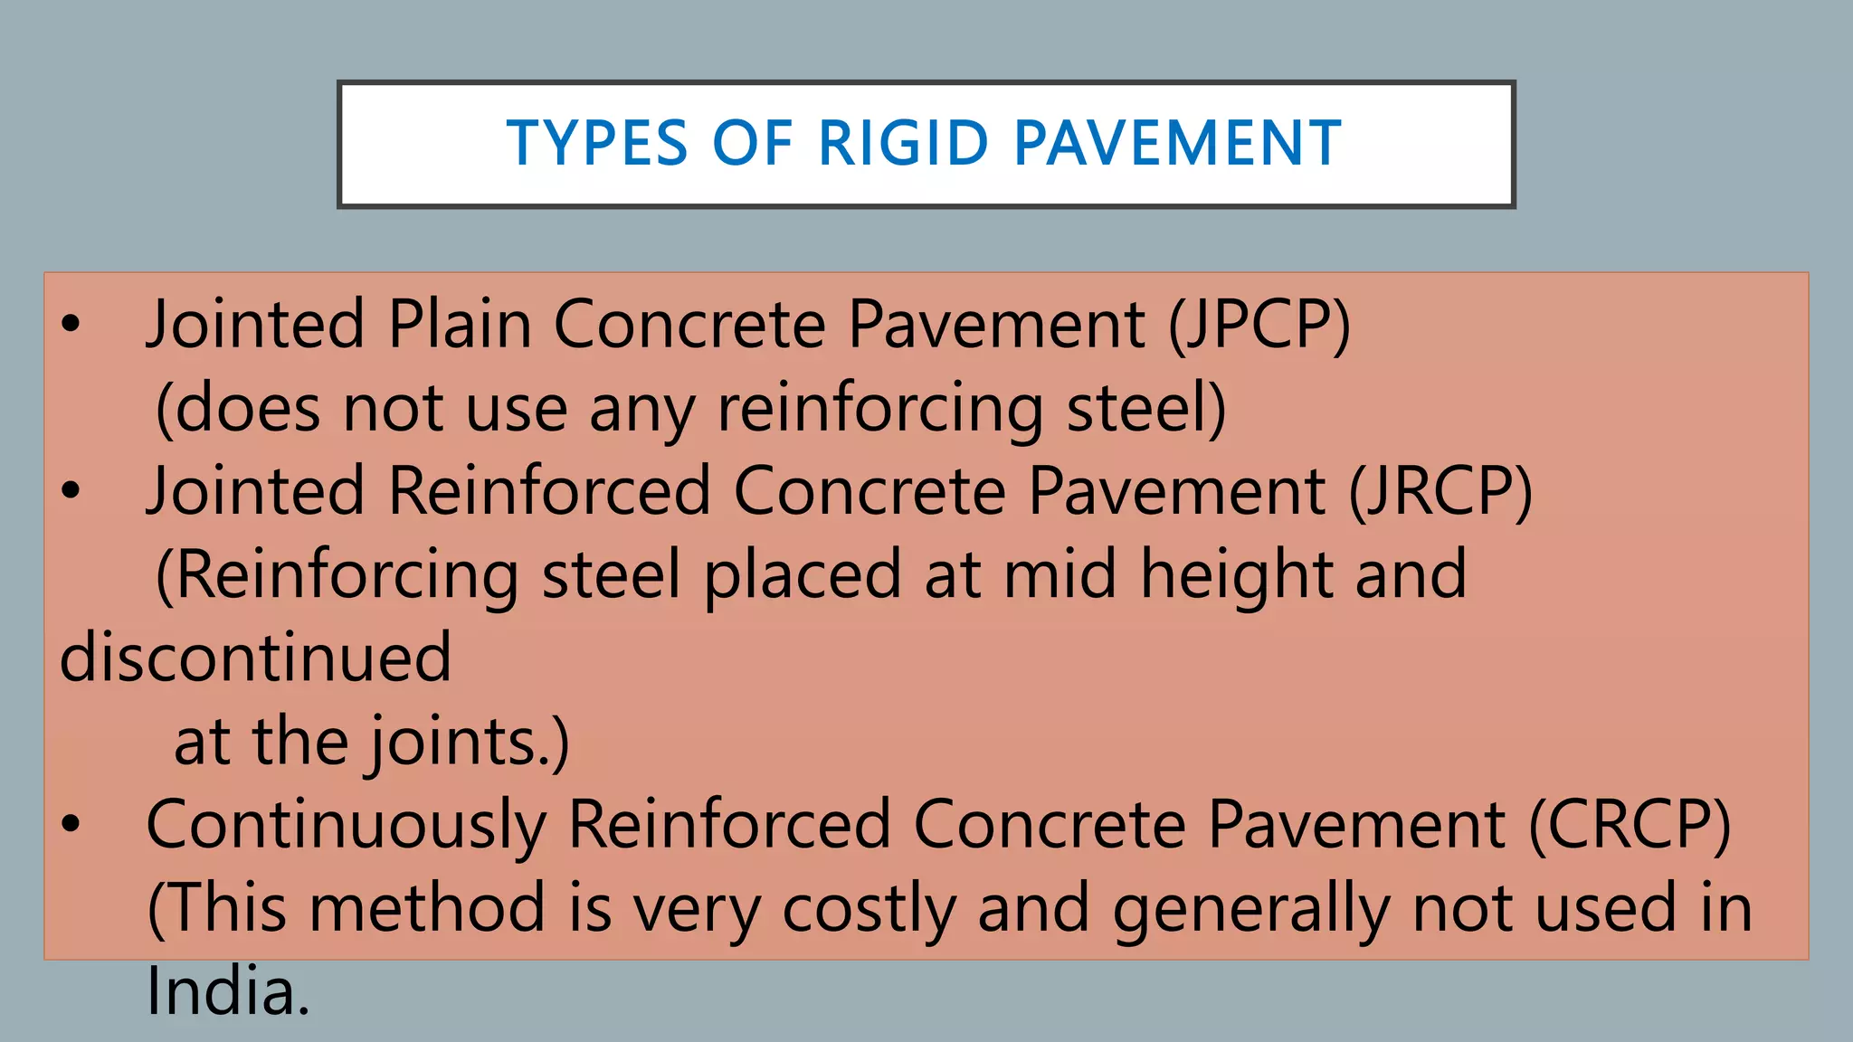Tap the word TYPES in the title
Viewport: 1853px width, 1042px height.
click(597, 144)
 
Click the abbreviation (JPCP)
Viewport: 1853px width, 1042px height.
click(1259, 325)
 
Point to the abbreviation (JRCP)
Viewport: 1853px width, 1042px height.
click(1440, 492)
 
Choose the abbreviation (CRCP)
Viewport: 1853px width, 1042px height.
click(1630, 825)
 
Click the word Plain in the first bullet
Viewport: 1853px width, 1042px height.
click(460, 325)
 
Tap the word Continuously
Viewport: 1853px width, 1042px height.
click(346, 827)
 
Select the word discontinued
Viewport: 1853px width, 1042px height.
click(255, 658)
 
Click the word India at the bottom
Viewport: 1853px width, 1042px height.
click(227, 992)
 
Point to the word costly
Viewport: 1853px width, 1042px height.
click(869, 910)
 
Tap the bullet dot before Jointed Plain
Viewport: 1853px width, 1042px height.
click(71, 325)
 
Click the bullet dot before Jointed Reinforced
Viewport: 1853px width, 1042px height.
click(71, 492)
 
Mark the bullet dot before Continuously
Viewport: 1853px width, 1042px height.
click(71, 825)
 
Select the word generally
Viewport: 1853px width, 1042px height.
click(1251, 910)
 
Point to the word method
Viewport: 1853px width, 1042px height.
click(427, 908)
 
